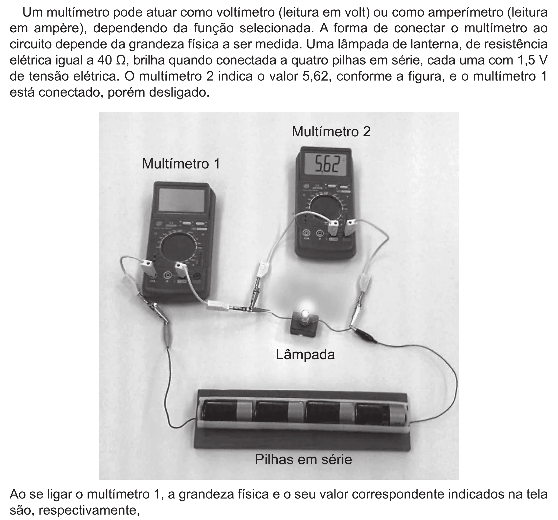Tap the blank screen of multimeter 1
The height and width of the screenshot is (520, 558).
pyautogui.click(x=182, y=200)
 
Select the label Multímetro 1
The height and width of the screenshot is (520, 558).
pyautogui.click(x=181, y=164)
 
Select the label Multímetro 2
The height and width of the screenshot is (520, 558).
pyautogui.click(x=331, y=131)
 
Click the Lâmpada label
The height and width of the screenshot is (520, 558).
pyautogui.click(x=305, y=354)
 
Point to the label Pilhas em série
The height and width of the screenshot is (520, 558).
pyautogui.click(x=303, y=460)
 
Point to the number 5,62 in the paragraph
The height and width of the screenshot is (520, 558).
pyautogui.click(x=315, y=77)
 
